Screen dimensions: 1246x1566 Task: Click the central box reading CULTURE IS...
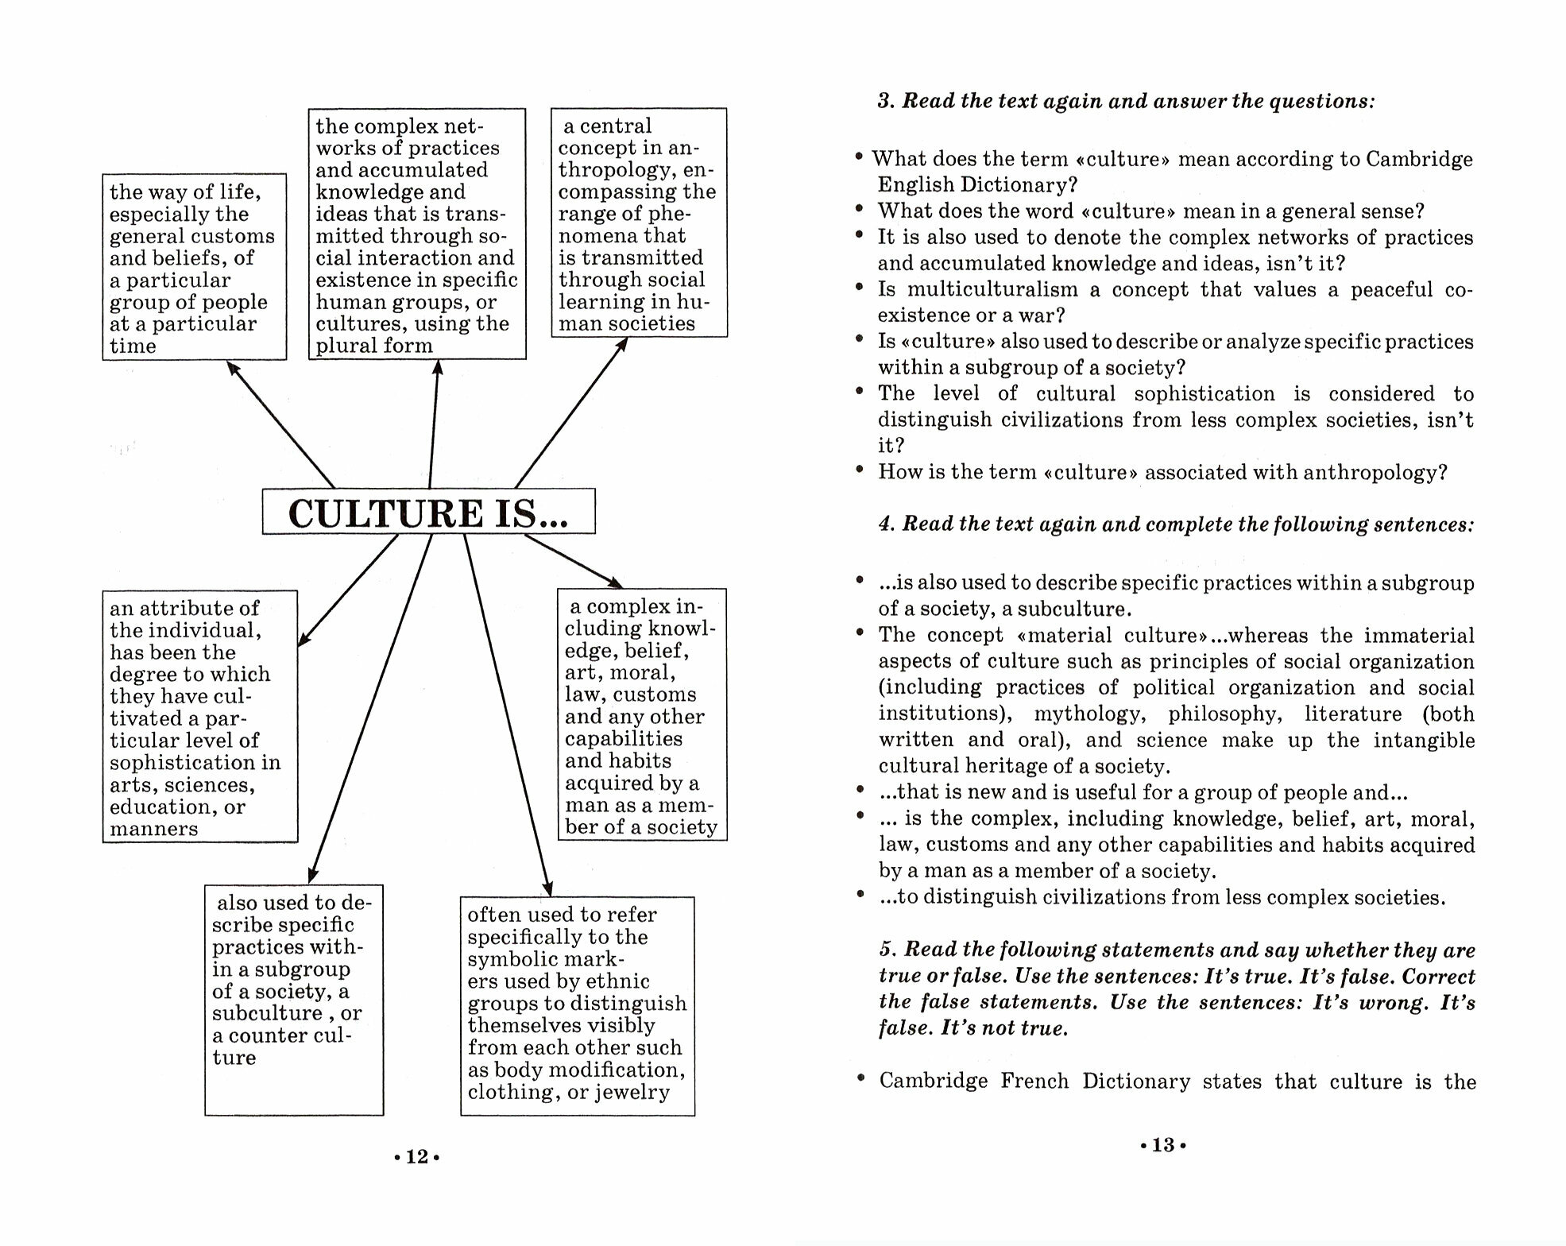(428, 512)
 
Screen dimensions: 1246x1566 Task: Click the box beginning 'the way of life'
(194, 267)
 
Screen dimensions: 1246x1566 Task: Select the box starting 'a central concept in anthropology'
(639, 223)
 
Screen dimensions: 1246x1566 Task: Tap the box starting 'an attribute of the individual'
(199, 716)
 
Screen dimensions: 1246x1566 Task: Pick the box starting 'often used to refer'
(577, 1005)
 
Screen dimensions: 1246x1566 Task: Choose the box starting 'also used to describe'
(293, 999)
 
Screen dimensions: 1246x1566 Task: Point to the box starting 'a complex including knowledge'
(641, 714)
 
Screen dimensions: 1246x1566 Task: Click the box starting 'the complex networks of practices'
(416, 234)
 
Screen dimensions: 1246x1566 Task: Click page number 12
(417, 1157)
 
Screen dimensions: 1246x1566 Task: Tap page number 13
(1163, 1145)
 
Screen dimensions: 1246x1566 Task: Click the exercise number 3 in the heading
(885, 102)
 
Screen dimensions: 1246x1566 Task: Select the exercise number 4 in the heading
(886, 524)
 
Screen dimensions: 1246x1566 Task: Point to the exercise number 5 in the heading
(887, 950)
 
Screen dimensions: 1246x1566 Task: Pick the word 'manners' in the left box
(153, 829)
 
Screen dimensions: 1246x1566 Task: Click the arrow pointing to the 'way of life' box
(280, 424)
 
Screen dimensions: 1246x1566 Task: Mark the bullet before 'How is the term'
(860, 470)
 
